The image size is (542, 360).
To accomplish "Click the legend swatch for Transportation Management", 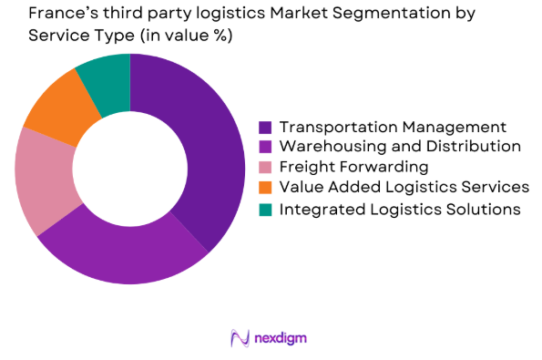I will (x=265, y=127).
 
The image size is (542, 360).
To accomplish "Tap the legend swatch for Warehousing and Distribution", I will (x=265, y=146).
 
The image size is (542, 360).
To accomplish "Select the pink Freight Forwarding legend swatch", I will (x=265, y=167).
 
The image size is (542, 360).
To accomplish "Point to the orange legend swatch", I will (x=265, y=188).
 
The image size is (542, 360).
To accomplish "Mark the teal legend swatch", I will (x=265, y=209).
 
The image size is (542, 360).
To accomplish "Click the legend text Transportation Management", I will (x=393, y=127).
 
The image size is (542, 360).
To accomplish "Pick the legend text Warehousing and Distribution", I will (x=400, y=146).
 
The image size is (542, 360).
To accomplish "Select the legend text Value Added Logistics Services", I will (x=404, y=188).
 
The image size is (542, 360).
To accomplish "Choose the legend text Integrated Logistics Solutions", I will (x=400, y=209).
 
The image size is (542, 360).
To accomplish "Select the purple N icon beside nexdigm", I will (x=240, y=338).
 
